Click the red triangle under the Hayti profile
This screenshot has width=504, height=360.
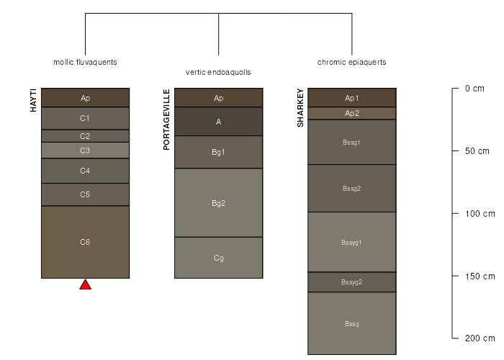click(85, 284)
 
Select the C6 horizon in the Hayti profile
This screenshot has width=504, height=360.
click(85, 242)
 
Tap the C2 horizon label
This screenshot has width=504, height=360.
click(85, 135)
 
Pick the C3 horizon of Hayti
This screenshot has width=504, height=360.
click(85, 150)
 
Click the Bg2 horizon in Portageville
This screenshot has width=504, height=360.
click(218, 203)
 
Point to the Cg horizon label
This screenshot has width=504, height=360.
click(218, 257)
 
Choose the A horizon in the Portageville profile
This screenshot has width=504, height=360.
click(218, 122)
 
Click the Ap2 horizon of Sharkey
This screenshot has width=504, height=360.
click(351, 113)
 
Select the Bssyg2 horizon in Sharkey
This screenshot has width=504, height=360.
click(351, 282)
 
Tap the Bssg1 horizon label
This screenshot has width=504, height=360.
click(351, 142)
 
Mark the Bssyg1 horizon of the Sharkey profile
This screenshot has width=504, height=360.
click(351, 242)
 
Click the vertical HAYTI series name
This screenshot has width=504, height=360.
click(33, 100)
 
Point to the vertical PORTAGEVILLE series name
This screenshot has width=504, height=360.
click(166, 120)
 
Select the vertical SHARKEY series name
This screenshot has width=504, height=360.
click(300, 108)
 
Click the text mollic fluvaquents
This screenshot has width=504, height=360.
click(85, 62)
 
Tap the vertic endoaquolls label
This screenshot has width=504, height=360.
click(218, 72)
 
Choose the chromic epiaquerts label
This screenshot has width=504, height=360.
click(351, 62)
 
